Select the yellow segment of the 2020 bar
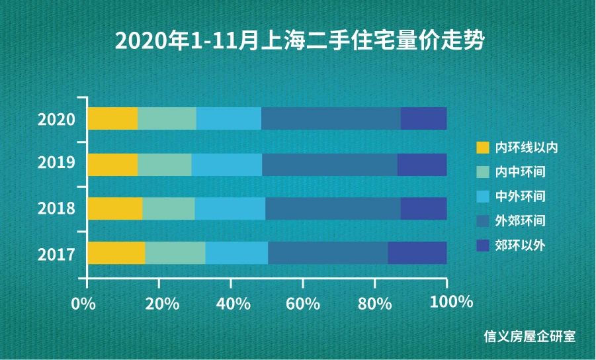click(112, 118)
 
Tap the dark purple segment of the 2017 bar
click(417, 253)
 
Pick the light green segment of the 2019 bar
click(165, 164)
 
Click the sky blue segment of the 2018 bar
click(230, 208)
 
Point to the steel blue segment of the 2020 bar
click(331, 118)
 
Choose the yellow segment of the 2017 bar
click(116, 253)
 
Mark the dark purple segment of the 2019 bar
click(422, 164)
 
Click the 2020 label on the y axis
click(56, 120)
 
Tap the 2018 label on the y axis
click(56, 209)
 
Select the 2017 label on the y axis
click(56, 254)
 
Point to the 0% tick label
click(84, 303)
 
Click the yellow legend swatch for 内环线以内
click(483, 148)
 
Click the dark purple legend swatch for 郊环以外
click(483, 246)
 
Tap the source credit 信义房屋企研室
click(529, 336)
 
